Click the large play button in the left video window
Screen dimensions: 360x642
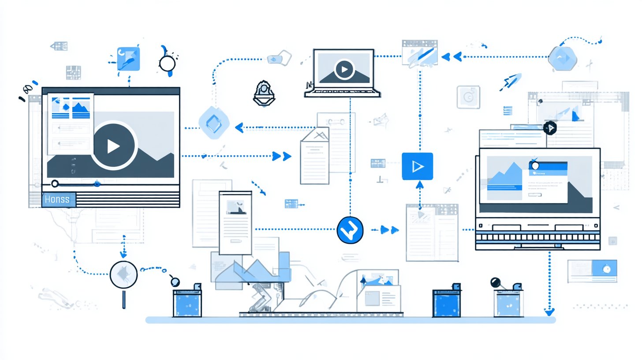114,146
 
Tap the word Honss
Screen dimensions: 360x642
57,199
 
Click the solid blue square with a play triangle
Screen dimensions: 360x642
417,166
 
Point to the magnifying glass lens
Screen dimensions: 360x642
123,274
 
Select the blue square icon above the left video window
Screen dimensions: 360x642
128,59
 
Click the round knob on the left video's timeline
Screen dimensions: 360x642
55,184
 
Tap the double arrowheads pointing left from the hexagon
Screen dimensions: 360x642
451,56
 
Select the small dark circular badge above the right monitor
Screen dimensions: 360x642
550,128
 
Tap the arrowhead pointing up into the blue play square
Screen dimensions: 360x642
419,184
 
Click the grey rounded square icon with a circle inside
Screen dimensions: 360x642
468,97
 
